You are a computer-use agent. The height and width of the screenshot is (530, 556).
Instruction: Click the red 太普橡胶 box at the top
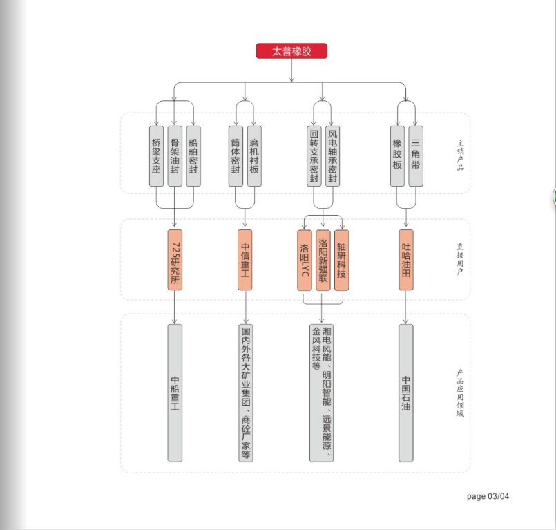[x=291, y=50]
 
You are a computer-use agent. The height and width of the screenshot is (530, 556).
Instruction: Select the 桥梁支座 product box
[x=156, y=156]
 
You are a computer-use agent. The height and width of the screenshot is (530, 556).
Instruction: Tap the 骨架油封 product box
[x=175, y=156]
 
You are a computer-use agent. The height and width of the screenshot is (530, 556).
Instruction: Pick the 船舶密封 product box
[x=193, y=156]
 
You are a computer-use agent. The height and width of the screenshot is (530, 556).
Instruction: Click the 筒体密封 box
[x=236, y=156]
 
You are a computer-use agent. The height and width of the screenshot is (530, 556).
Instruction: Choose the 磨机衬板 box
[x=254, y=156]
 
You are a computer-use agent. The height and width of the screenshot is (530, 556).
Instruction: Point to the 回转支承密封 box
[x=314, y=156]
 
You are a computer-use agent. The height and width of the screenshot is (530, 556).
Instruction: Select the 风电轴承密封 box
[x=333, y=156]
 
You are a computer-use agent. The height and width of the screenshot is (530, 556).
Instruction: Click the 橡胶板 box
[x=398, y=156]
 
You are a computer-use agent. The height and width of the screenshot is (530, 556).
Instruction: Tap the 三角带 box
[x=416, y=156]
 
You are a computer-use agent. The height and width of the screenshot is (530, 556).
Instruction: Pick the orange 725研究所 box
[x=175, y=260]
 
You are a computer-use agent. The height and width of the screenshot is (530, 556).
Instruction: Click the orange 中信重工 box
[x=245, y=260]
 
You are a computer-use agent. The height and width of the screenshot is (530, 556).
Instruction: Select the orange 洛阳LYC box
[x=305, y=260]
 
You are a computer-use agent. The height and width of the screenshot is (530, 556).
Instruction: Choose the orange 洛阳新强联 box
[x=323, y=260]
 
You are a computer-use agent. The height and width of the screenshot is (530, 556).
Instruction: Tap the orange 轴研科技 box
[x=342, y=260]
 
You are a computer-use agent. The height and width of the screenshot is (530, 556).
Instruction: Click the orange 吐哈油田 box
[x=406, y=260]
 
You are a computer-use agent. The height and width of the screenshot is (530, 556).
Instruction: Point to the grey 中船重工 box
[x=175, y=393]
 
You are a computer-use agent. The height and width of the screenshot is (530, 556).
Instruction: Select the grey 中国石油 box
[x=406, y=393]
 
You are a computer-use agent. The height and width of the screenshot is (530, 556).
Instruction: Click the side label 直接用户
[x=460, y=259]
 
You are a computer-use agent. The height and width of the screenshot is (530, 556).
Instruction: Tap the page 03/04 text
[x=488, y=496]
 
